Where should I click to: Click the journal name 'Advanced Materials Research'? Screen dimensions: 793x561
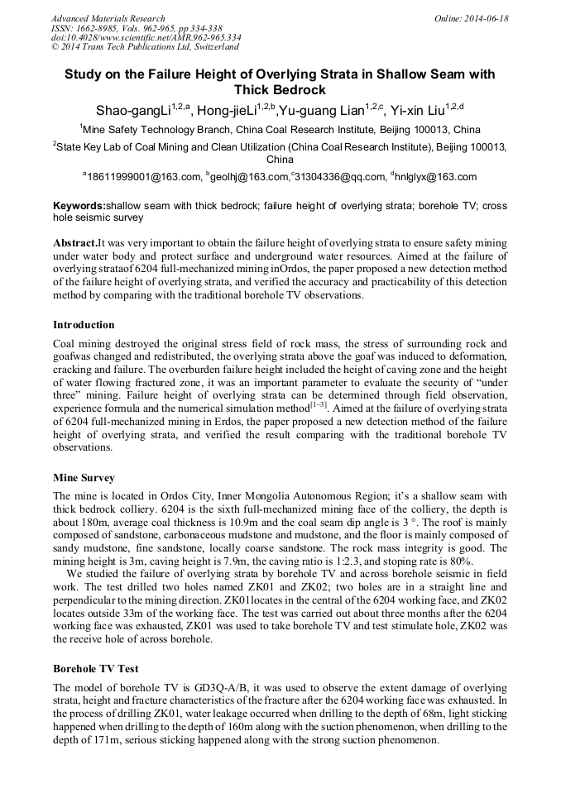[x=108, y=18]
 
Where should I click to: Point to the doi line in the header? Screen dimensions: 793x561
[x=146, y=37]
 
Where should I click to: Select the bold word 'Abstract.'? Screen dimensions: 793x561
[x=75, y=243]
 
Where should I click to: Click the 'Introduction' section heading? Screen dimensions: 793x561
[x=84, y=325]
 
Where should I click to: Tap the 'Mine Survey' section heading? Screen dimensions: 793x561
[x=84, y=478]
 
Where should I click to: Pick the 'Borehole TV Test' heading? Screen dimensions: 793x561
[x=96, y=667]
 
